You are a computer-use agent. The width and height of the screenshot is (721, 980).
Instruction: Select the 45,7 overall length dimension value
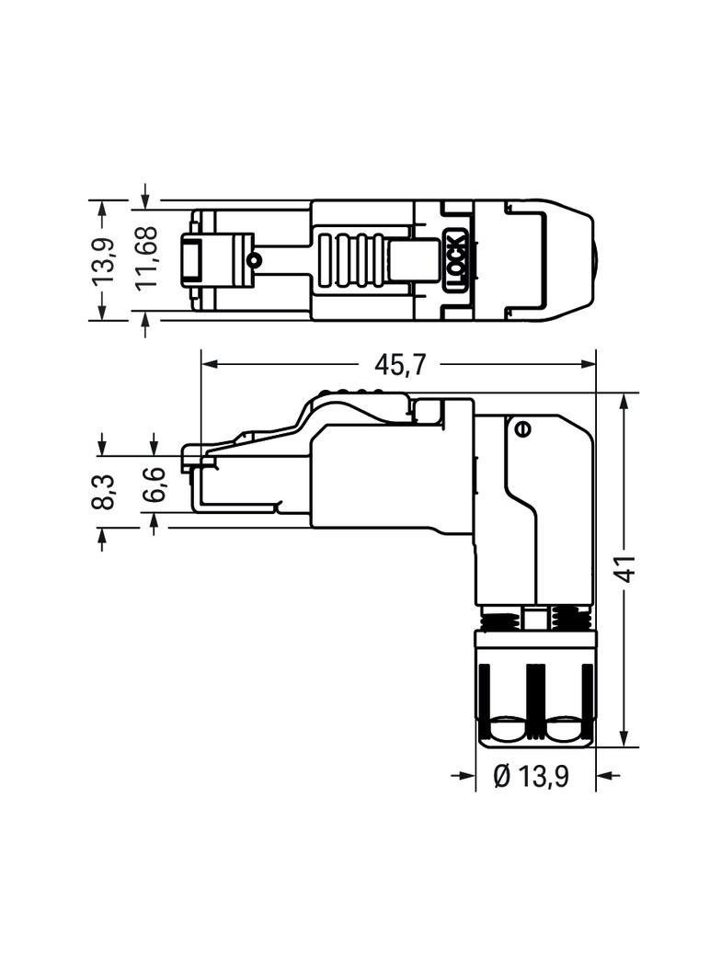pos(400,365)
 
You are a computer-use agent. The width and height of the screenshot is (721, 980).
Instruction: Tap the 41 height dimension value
pos(625,570)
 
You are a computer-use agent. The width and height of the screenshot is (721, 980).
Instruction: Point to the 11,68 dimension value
pos(146,258)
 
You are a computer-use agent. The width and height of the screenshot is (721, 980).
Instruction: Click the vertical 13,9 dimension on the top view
pos(104,260)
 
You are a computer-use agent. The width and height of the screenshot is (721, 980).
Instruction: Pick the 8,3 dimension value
pos(103,492)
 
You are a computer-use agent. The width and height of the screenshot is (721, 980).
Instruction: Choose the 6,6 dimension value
pos(154,484)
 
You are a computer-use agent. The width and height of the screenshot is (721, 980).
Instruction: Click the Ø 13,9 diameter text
pos(531,777)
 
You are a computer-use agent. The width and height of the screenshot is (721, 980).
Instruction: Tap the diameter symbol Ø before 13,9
pos(502,777)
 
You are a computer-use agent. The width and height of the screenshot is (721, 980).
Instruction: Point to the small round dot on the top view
pos(255,260)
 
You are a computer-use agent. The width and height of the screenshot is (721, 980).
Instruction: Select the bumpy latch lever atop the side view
pos(359,399)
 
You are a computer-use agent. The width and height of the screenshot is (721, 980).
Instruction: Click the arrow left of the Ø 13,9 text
pos(463,777)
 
